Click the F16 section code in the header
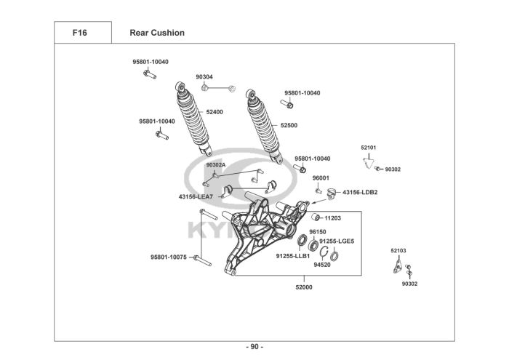coord(81,33)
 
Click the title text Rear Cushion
coord(156,33)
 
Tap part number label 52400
coord(215,112)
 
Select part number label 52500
coord(289,125)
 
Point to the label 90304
coord(204,77)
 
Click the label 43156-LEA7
coord(196,196)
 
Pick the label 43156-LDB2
coord(360,192)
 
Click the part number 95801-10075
coord(169,257)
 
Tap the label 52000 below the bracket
coord(303,287)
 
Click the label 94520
coord(322,265)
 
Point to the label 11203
coord(333,217)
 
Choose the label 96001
coord(321,177)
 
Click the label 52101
coord(369,148)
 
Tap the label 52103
coord(398,251)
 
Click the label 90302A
coord(216,165)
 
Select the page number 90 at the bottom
coord(254,346)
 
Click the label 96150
coord(318,232)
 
